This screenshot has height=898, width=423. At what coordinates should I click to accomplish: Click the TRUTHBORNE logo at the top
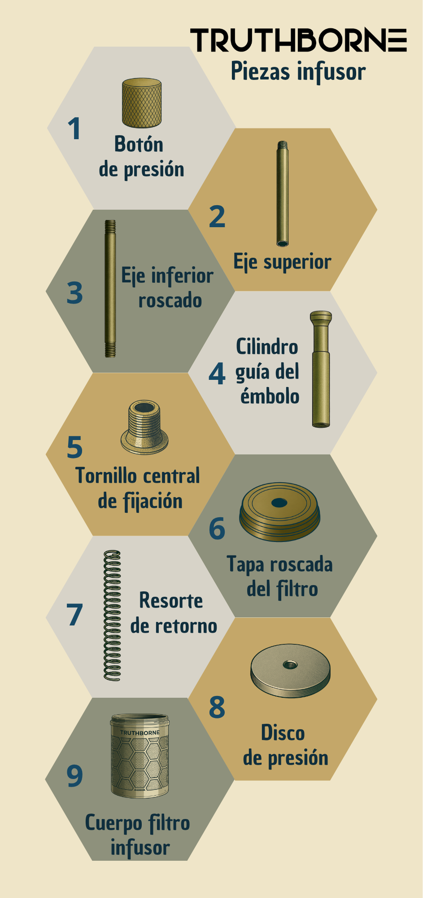coord(298,40)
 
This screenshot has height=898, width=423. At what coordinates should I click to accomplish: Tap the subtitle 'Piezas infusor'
coord(298,71)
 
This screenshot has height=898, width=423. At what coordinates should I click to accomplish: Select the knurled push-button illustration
coord(142,103)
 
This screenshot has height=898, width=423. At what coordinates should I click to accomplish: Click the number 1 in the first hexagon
coord(74,129)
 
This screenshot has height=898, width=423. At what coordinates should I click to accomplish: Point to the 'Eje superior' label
coord(282,262)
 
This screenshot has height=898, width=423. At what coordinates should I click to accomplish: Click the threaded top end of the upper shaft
coord(282,145)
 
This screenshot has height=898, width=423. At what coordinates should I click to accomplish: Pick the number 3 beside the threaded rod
coord(75,293)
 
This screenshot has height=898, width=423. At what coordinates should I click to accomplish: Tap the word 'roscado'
coord(170,300)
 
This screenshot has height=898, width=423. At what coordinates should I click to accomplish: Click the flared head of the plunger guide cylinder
coord(321,317)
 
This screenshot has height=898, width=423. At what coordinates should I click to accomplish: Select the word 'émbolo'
coord(270,396)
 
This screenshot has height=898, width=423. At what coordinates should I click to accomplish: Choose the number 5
coord(75,447)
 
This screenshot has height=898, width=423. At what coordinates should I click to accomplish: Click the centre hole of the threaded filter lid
coord(279,502)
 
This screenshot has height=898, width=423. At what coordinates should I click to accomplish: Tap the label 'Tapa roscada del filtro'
coord(280,577)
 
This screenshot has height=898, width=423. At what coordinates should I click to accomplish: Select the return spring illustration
coord(112,615)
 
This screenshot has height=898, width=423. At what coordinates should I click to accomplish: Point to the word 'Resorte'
coord(171,601)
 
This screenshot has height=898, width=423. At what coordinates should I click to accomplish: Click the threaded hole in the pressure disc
coord(290,664)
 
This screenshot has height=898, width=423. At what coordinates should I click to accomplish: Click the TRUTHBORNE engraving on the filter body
coord(140,733)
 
